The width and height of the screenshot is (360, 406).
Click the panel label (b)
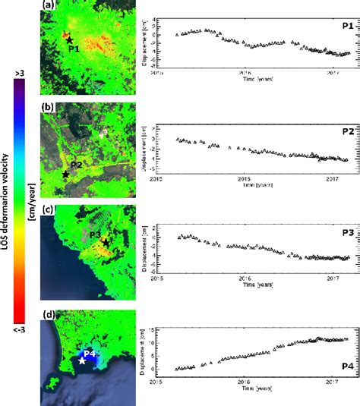pyautogui.click(x=48, y=107)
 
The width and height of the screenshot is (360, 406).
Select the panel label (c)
pyautogui.click(x=47, y=209)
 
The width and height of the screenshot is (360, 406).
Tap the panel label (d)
pyautogui.click(x=47, y=313)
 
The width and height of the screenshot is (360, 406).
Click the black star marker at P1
pyautogui.click(x=69, y=39)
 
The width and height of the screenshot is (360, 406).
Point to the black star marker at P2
pyautogui.click(x=66, y=174)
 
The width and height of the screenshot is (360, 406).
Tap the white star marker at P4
pyautogui.click(x=82, y=361)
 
